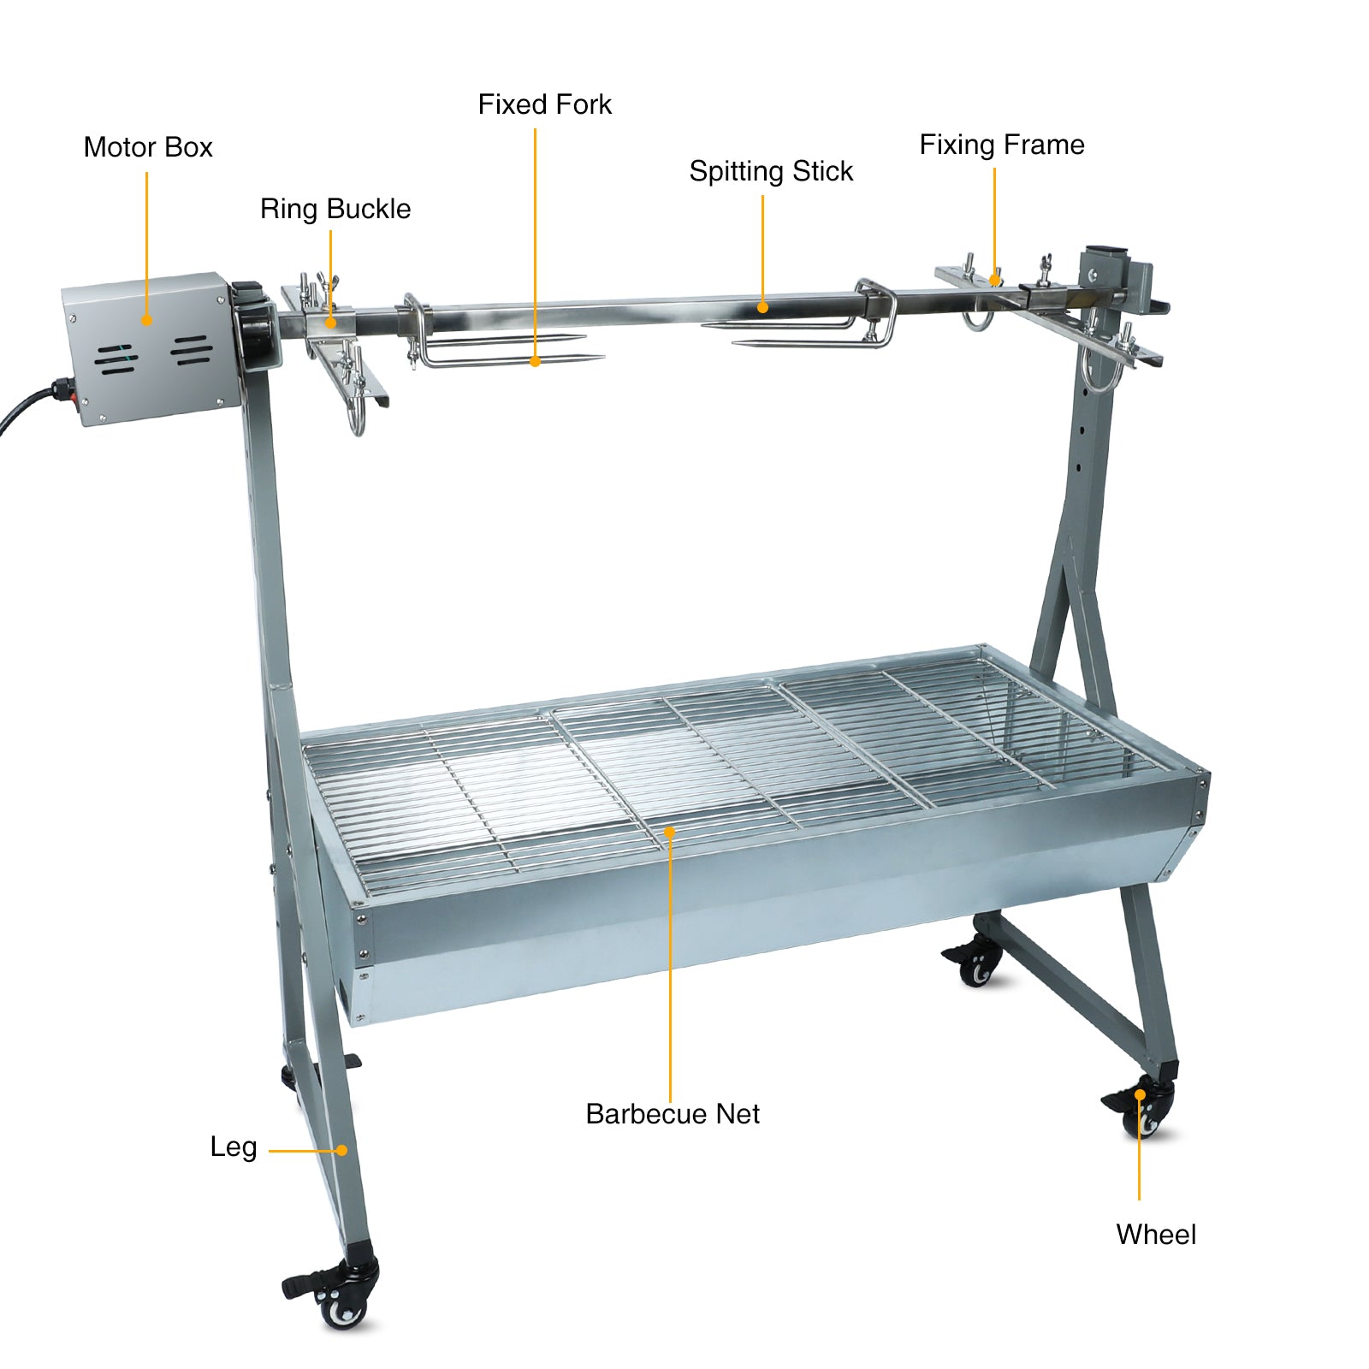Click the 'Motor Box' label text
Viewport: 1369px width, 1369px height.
tap(148, 147)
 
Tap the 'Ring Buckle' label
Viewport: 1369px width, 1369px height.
tap(335, 210)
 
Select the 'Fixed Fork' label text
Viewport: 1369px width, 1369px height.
tap(544, 104)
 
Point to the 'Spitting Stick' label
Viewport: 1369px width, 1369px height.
tap(771, 172)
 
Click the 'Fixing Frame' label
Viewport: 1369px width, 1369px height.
tap(1002, 145)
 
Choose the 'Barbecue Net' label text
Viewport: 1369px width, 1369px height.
tap(673, 1114)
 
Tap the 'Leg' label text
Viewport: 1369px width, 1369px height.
tap(234, 1147)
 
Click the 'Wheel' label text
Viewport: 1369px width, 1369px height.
tap(1156, 1235)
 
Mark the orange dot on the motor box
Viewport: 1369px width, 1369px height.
tap(146, 321)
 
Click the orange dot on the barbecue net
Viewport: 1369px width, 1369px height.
tap(670, 831)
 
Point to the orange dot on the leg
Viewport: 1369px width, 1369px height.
tap(341, 1151)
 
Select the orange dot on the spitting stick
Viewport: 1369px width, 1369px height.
tap(762, 308)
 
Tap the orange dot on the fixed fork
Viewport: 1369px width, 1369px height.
tap(535, 362)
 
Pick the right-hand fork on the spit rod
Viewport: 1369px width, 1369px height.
tap(813, 321)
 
